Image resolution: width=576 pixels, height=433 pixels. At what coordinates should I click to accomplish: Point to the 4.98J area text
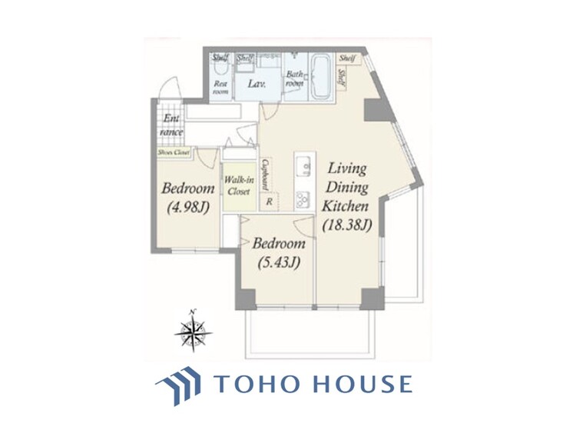[188, 208]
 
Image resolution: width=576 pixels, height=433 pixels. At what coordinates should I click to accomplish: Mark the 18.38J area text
[347, 225]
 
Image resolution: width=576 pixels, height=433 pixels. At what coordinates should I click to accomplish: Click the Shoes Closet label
[174, 152]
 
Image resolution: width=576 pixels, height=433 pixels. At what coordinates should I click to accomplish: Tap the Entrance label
[170, 125]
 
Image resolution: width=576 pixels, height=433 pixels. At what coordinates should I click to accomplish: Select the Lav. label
[256, 86]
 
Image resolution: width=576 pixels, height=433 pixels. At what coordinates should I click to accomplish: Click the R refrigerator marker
[269, 202]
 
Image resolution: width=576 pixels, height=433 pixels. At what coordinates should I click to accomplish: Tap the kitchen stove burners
[303, 198]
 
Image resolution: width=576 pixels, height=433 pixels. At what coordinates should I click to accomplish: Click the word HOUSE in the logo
[359, 384]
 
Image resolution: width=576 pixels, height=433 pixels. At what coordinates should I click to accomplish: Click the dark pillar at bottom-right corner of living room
[372, 297]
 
